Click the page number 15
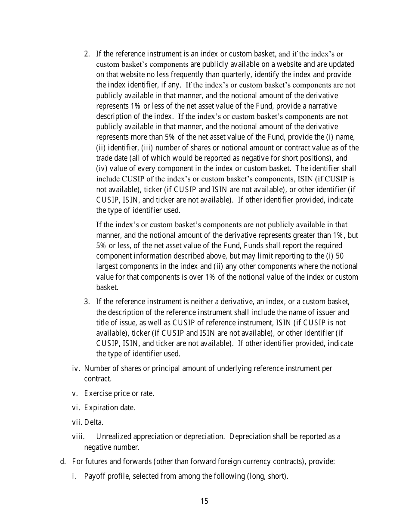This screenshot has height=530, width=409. [204, 501]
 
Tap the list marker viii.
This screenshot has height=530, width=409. [78, 436]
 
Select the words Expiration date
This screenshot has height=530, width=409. [109, 408]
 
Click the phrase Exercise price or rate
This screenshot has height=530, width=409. [119, 393]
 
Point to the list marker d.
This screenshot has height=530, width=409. [63, 461]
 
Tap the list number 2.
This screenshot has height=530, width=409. [87, 54]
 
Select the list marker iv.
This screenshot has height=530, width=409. [76, 368]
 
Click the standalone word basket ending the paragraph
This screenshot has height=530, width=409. [107, 287]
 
